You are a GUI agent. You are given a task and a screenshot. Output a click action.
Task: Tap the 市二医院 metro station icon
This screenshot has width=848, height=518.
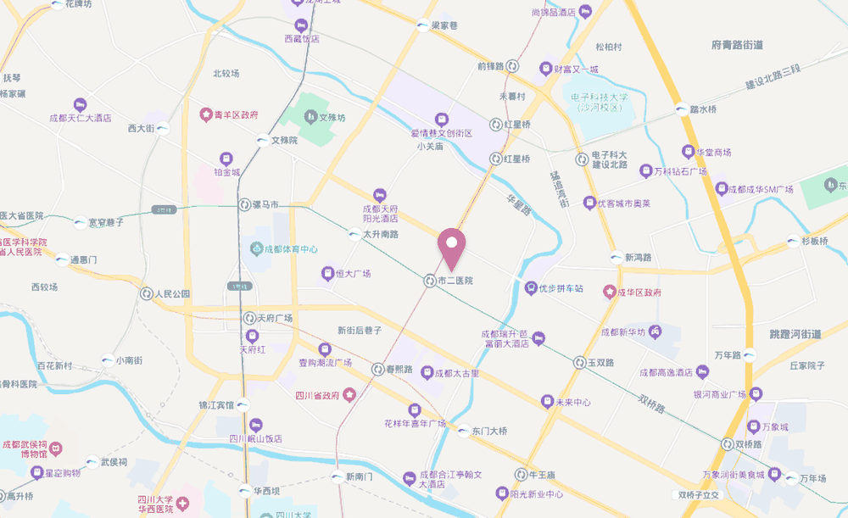pyautogui.click(x=431, y=280)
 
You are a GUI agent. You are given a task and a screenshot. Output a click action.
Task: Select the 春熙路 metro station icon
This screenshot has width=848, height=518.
pyautogui.click(x=377, y=369)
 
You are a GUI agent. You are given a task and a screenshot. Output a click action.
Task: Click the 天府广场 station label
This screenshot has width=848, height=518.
pyautogui.click(x=276, y=318)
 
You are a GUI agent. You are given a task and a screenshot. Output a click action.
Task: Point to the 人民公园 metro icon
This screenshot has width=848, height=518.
pyautogui.click(x=146, y=294)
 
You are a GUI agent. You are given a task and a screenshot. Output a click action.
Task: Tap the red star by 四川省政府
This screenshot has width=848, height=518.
pyautogui.click(x=349, y=395)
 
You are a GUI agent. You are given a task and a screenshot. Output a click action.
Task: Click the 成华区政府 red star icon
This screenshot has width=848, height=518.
pyautogui.click(x=609, y=292)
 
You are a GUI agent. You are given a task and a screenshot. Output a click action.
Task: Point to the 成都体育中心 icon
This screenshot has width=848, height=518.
pyautogui.click(x=256, y=249)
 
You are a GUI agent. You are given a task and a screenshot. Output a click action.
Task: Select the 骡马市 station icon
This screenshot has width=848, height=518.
pyautogui.click(x=244, y=205)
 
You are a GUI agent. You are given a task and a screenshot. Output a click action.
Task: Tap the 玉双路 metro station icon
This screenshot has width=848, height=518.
pyautogui.click(x=579, y=362)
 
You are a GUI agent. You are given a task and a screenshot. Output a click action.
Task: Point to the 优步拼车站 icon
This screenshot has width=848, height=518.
pyautogui.click(x=531, y=288)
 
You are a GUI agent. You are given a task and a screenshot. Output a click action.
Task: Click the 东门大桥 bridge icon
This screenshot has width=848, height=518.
pyautogui.click(x=463, y=431)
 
